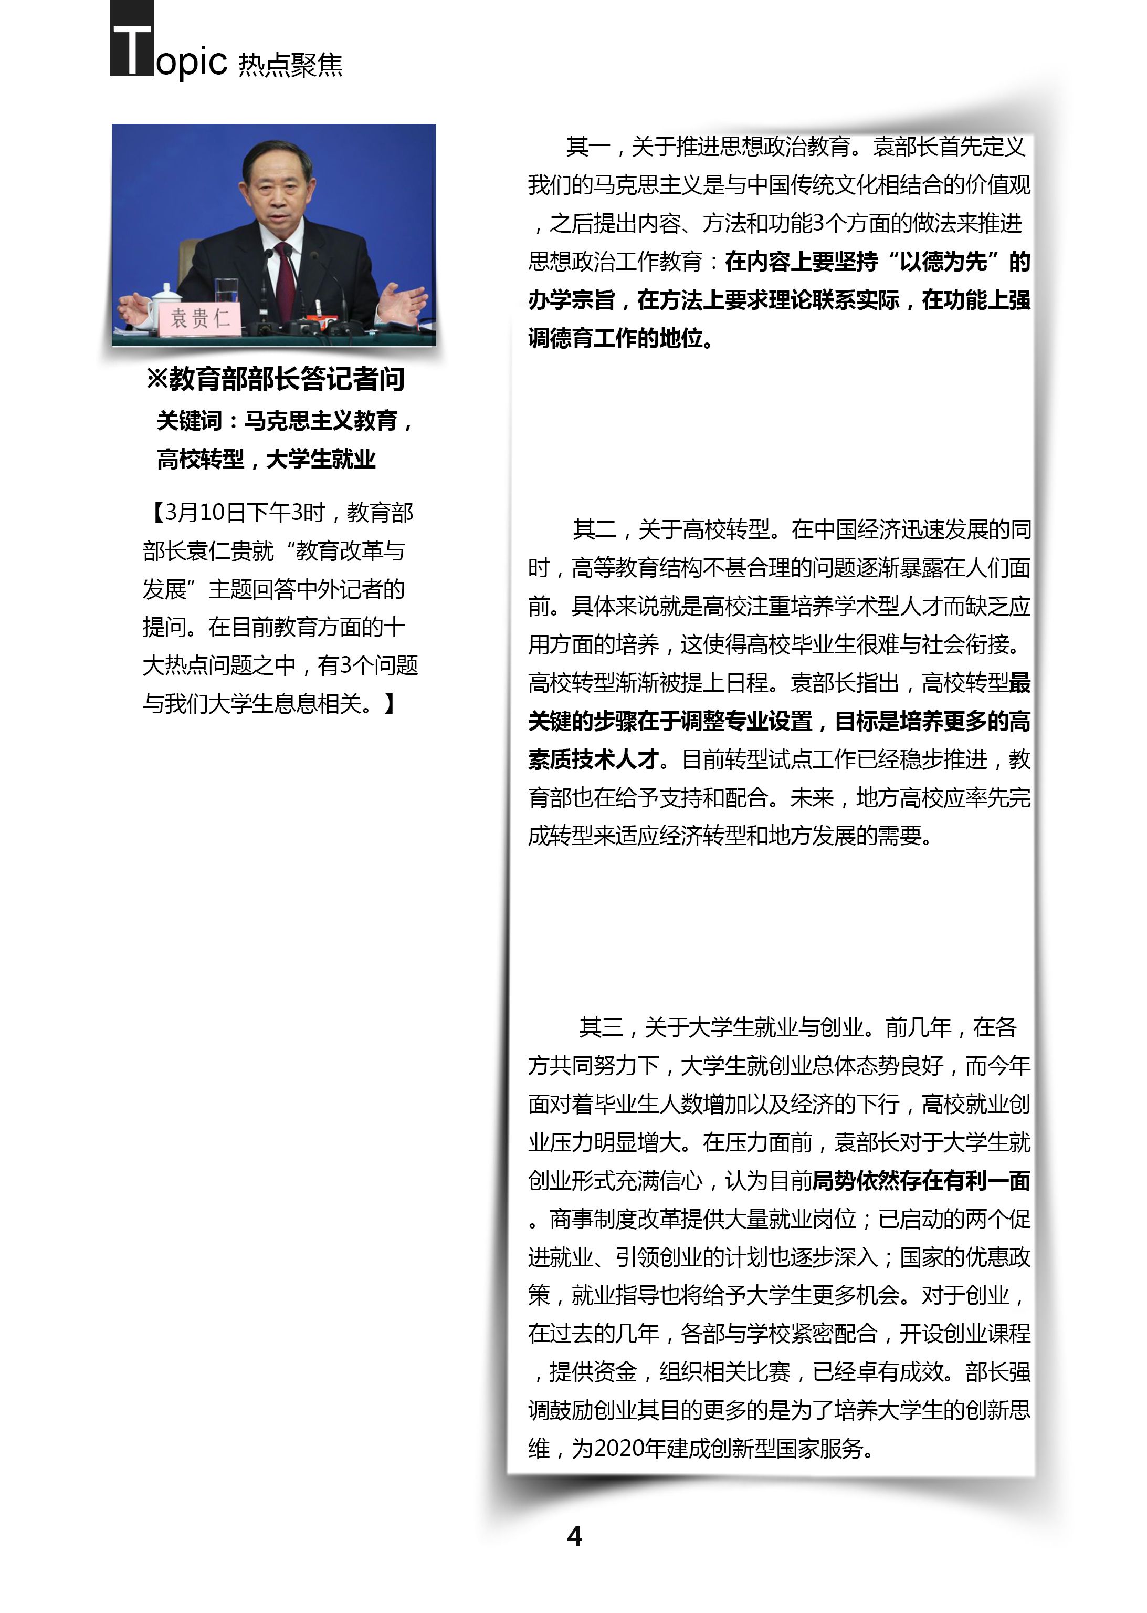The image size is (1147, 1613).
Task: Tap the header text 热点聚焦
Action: tap(290, 65)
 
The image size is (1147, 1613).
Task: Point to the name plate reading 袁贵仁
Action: tap(200, 318)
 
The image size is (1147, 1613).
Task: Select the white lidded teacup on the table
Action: tap(165, 303)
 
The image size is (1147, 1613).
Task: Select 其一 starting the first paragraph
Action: tap(587, 147)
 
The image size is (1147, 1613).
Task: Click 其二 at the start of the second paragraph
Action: tap(595, 529)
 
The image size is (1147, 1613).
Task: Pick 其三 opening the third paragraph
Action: tap(601, 1027)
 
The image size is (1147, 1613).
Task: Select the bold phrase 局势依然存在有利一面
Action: tap(921, 1181)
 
